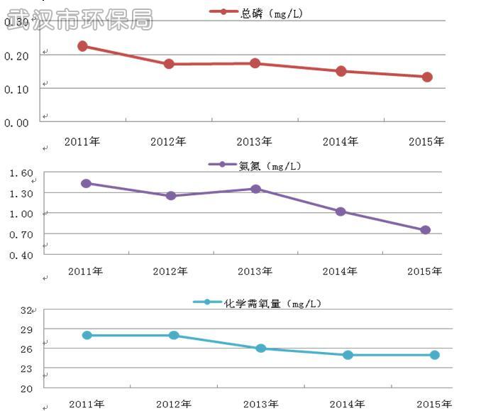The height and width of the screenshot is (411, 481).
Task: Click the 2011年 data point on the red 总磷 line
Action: (82, 46)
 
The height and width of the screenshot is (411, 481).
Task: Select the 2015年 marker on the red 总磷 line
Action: (427, 77)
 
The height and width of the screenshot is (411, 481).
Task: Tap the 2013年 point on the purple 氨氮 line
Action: (255, 189)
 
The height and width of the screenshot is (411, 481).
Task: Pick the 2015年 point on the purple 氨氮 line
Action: (425, 230)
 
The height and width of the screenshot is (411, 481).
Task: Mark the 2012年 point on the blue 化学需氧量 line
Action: (174, 335)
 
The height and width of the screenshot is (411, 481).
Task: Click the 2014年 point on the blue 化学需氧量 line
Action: (348, 355)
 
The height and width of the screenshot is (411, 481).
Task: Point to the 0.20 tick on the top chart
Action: (17, 55)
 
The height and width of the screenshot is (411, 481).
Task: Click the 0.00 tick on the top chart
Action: (17, 123)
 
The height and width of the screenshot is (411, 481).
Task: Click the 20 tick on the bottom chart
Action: (26, 388)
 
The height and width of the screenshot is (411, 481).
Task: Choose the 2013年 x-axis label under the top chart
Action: (255, 142)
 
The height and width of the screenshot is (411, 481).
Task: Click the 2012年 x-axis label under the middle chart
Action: (170, 272)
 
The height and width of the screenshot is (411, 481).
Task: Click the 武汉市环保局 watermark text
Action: (78, 19)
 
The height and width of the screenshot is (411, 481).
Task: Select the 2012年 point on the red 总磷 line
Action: (169, 64)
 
